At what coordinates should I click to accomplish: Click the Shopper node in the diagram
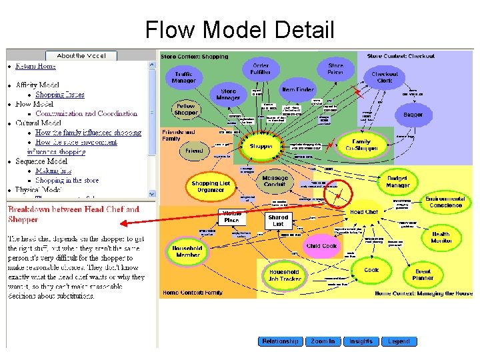[x=261, y=147]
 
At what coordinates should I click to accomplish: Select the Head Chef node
[x=364, y=212]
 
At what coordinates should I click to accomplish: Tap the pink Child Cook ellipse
[x=322, y=245]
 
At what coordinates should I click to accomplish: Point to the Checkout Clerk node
[x=385, y=77]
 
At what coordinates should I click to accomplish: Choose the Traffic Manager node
[x=185, y=78]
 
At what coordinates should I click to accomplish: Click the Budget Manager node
[x=397, y=181]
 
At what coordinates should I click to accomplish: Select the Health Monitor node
[x=441, y=237]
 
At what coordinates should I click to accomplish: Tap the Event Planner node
[x=423, y=274]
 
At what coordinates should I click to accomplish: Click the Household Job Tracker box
[x=284, y=275]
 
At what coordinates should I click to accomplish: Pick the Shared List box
[x=278, y=221]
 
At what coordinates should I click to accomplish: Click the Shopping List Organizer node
[x=211, y=187]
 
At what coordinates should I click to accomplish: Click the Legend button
[x=399, y=341]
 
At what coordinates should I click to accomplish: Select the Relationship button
[x=280, y=341]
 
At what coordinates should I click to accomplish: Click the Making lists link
[x=54, y=171]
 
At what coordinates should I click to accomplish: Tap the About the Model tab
[x=81, y=56]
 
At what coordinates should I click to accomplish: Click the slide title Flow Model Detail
[x=240, y=29]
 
